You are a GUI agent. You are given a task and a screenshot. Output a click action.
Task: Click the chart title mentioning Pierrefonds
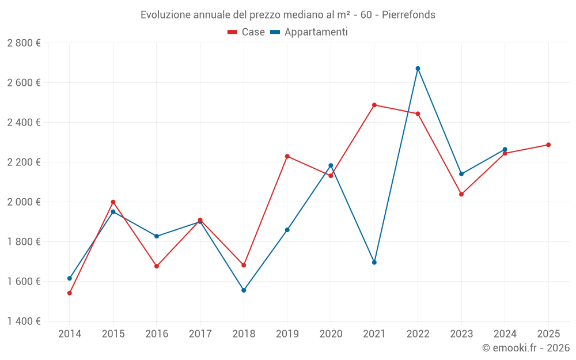click(287, 14)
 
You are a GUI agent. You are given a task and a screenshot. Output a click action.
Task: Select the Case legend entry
click(247, 32)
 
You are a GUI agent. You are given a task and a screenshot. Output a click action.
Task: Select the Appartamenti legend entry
click(309, 32)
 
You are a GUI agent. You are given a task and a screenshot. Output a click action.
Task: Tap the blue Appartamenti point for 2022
click(418, 69)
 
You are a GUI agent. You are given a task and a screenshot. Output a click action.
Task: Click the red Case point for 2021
click(374, 105)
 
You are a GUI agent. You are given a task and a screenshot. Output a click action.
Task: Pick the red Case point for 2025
click(548, 145)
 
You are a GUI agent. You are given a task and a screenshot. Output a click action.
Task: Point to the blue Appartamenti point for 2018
click(244, 290)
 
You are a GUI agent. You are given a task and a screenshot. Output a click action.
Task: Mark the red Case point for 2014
click(70, 293)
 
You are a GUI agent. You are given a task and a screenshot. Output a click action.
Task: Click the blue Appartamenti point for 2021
click(374, 263)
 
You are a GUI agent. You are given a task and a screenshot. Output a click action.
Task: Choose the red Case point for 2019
click(287, 156)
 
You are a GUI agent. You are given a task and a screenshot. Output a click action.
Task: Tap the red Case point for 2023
click(461, 194)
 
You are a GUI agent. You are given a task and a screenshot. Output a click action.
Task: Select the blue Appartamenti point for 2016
click(157, 236)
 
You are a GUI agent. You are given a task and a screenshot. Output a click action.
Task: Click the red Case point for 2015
click(113, 202)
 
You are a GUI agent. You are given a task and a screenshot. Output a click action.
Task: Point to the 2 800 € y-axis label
click(24, 43)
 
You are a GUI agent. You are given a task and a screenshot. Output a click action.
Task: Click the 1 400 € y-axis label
click(24, 321)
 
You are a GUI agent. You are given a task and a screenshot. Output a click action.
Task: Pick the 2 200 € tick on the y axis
click(24, 162)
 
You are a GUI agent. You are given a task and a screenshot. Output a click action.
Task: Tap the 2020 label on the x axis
click(331, 334)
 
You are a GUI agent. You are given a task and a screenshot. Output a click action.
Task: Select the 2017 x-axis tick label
click(200, 334)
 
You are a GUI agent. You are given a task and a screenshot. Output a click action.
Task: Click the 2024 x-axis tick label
click(505, 334)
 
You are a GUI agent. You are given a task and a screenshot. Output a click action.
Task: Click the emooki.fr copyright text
click(525, 348)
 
